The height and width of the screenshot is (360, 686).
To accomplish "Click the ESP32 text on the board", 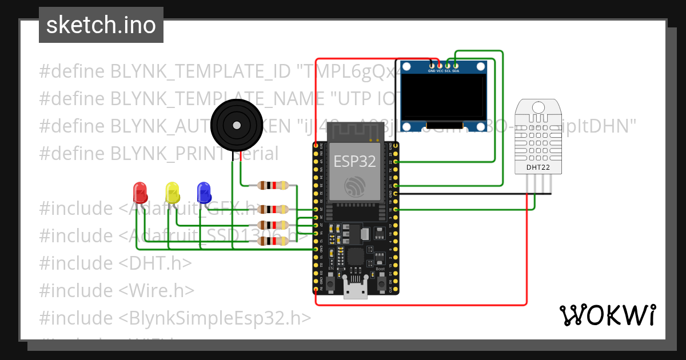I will coord(354,162).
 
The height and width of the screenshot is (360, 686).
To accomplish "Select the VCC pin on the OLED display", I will coord(440,66).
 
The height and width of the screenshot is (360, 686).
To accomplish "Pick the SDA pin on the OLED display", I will coord(456,66).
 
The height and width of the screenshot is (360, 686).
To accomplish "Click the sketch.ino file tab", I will coord(101,25).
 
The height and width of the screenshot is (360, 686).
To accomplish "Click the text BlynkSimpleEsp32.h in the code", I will coord(216,318).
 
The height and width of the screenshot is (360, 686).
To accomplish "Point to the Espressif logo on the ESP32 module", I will coord(354,185).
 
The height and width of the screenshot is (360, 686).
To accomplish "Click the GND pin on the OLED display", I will coord(432,66).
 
